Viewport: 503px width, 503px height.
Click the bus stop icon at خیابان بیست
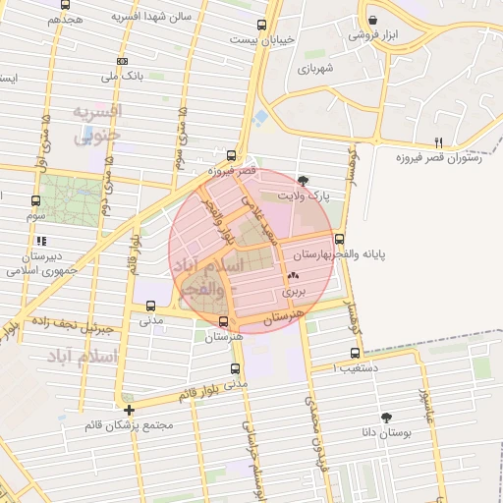260,26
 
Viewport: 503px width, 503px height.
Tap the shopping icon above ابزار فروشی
372,21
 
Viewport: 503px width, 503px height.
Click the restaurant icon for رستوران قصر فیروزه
440,141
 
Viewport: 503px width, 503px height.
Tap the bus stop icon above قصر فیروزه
231,154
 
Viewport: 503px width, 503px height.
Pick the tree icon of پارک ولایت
303,180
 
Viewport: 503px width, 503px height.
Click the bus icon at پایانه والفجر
340,239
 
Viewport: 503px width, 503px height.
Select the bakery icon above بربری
294,275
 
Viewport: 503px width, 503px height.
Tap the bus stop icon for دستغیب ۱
355,353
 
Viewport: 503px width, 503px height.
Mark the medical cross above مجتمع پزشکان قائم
129,409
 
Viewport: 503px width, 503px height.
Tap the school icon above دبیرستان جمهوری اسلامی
40,240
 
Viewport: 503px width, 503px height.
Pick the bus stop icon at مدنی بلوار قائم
234,369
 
